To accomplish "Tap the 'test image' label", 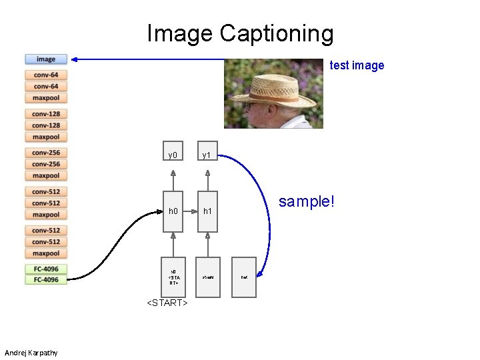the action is tap(357, 65).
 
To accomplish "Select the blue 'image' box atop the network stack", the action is tap(46, 59).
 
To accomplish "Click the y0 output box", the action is tap(173, 155).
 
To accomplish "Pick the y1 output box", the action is tap(207, 155).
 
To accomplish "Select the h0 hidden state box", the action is tap(173, 211).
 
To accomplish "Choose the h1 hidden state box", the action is tap(207, 211).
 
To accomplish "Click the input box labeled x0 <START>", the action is tap(173, 277).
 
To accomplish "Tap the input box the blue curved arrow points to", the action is tap(244, 277).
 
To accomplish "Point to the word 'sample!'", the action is tap(305, 201).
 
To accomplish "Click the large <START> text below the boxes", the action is tap(167, 304).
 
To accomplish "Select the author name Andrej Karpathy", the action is tap(31, 353).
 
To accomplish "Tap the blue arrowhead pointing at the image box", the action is tap(75, 60).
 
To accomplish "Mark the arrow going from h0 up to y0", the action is tap(173, 182).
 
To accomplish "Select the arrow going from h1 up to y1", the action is tap(207, 182).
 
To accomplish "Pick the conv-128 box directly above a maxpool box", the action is tap(46, 125).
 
